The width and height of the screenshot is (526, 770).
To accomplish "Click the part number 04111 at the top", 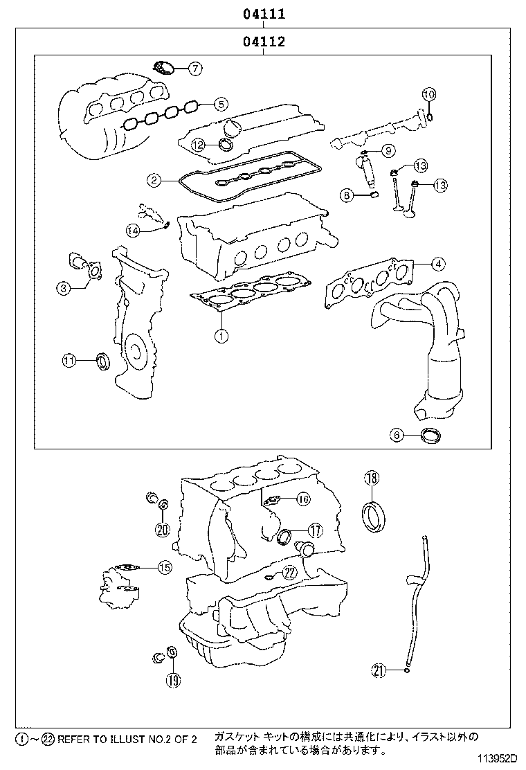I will (264, 13).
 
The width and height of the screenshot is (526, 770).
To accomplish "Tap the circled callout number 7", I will (195, 68).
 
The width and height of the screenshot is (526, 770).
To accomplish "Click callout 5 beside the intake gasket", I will (219, 105).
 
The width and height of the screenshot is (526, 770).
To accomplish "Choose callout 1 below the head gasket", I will (221, 337).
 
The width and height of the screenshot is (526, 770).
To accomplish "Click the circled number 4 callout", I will (437, 263).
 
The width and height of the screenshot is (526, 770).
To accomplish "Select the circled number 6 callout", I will (397, 435).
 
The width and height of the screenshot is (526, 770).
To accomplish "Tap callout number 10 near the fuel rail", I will (428, 94).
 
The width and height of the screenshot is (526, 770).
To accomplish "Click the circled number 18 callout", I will (372, 478).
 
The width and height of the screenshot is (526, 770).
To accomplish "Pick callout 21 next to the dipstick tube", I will (379, 670).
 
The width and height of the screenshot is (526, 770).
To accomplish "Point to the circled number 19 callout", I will (172, 679).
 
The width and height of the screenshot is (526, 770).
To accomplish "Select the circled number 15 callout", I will (164, 568).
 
